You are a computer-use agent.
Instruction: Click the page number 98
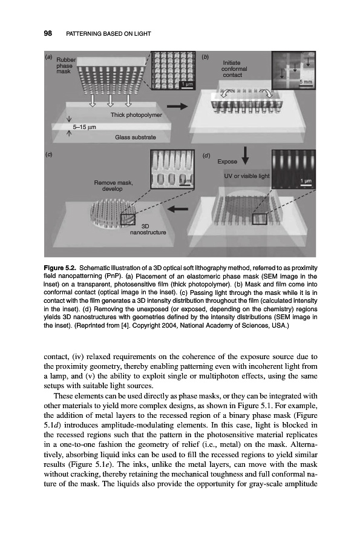48,33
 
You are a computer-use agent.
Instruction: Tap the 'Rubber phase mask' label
64,65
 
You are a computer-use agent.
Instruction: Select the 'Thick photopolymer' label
136,114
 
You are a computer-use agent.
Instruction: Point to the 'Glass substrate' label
136,137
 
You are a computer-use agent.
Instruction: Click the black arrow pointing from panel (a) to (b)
177,107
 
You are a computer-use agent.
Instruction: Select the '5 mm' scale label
306,82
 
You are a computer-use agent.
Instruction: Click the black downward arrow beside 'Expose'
246,156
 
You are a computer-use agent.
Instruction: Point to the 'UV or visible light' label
246,176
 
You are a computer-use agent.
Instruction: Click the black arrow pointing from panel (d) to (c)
178,208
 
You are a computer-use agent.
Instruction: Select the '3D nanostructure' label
148,229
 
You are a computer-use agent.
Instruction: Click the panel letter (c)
48,154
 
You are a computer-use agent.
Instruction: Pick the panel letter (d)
206,156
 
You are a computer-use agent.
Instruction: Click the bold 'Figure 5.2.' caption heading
61,268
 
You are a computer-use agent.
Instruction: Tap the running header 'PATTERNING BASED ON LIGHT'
108,34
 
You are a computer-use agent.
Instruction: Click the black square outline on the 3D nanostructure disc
128,220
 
